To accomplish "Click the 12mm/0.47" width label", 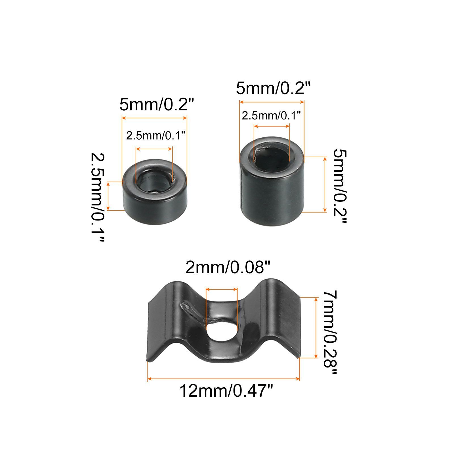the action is pyautogui.click(x=226, y=391).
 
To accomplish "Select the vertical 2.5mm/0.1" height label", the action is pyautogui.click(x=98, y=197).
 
